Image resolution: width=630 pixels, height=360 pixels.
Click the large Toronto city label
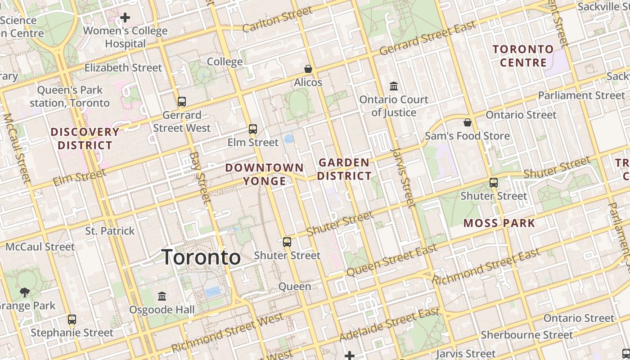[x=201, y=257]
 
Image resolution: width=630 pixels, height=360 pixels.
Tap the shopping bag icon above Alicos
[x=308, y=69]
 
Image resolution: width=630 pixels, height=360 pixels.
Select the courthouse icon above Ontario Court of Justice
[x=394, y=85]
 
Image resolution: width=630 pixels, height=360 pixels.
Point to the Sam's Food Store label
[x=468, y=136]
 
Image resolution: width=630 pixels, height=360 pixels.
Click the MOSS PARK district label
[x=499, y=223]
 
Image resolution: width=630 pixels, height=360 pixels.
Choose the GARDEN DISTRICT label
[x=344, y=169]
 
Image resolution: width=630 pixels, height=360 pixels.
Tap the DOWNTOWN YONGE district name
[x=265, y=174]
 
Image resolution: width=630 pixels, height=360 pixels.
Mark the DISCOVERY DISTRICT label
[x=85, y=139]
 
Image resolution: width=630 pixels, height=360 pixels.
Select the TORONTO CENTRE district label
[x=523, y=55]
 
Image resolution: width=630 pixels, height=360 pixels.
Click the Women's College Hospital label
[x=125, y=37]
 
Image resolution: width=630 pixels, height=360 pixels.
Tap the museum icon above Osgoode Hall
[x=162, y=296]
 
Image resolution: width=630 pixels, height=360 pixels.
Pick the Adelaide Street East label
[x=389, y=324]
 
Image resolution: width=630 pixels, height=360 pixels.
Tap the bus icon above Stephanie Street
[x=72, y=319]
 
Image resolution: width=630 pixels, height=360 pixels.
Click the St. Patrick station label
[x=110, y=231]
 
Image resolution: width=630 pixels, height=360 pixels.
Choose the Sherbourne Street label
[x=527, y=335]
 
